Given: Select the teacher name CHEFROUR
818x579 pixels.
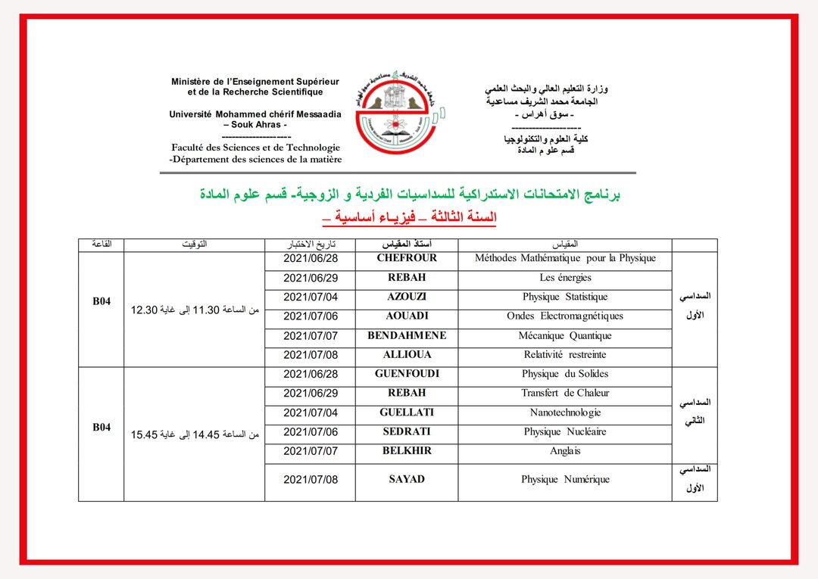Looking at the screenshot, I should (407, 258).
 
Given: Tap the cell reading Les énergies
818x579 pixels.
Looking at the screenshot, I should (565, 278).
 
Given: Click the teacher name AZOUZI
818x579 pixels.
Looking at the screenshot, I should (407, 297).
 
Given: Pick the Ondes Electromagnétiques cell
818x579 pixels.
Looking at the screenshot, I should (565, 316).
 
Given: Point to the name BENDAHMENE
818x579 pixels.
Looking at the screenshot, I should (407, 335).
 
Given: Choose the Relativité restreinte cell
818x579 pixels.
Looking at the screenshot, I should (565, 355).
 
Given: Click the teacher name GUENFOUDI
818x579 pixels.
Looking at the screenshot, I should (407, 374).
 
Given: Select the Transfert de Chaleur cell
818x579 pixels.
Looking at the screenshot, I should (565, 394).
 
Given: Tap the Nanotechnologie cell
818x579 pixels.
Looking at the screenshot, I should (565, 412).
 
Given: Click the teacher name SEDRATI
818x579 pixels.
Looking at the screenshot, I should (407, 431).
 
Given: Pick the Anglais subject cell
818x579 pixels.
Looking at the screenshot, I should (565, 451).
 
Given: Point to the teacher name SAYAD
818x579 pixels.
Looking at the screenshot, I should (407, 479).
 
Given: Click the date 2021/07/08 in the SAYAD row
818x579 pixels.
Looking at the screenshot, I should (311, 479).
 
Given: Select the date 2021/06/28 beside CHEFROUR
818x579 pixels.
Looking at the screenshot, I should (311, 258).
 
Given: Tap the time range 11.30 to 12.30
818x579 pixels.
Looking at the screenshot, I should (195, 310).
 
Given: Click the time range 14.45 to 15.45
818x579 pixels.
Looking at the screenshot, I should (195, 434).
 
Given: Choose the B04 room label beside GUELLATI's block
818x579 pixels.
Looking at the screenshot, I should (101, 428).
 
